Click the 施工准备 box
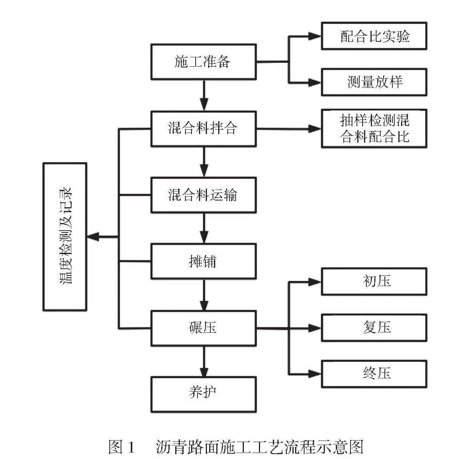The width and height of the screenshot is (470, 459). (x=204, y=62)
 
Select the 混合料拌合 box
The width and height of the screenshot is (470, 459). (x=204, y=129)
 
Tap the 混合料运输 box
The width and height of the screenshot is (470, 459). (x=204, y=195)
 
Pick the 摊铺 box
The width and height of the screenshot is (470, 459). (x=204, y=261)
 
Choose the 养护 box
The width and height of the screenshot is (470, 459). (x=204, y=394)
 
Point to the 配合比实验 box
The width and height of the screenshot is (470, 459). (x=374, y=36)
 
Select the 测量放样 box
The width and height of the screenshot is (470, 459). (x=374, y=82)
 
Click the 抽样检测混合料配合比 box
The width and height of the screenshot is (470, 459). (x=374, y=129)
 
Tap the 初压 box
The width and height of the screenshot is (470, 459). (x=374, y=282)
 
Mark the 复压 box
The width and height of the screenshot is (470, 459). (x=374, y=328)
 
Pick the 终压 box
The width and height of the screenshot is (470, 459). (x=374, y=374)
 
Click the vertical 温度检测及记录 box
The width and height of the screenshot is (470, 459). (x=65, y=237)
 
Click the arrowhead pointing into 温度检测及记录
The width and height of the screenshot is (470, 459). (x=93, y=237)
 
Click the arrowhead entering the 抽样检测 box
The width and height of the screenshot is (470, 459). (x=314, y=129)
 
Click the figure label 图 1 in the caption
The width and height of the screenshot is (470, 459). (x=121, y=447)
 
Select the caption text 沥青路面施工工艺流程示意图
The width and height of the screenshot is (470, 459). (x=260, y=447)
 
